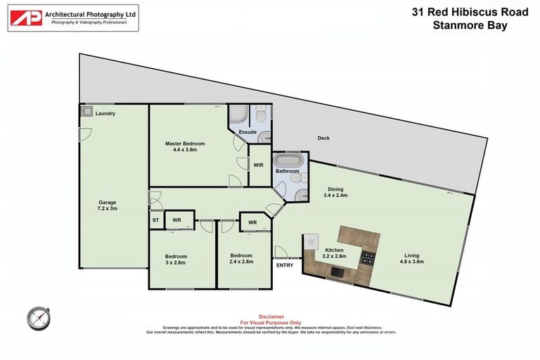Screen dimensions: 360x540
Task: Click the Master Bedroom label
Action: coord(181,146)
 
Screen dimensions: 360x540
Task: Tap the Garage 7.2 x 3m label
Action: coord(107,205)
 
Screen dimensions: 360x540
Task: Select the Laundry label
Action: coord(105,114)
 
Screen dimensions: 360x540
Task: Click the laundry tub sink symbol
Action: coord(85,111)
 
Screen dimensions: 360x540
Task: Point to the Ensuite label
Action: coord(247,131)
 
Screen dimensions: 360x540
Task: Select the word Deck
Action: coord(323,138)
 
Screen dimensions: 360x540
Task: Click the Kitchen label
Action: coord(334,254)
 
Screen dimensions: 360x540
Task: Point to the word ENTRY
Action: coord(285,265)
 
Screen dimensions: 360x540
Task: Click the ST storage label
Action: coord(155,220)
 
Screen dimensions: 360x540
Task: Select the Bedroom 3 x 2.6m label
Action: coord(176,259)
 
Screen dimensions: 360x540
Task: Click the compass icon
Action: coord(39,318)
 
